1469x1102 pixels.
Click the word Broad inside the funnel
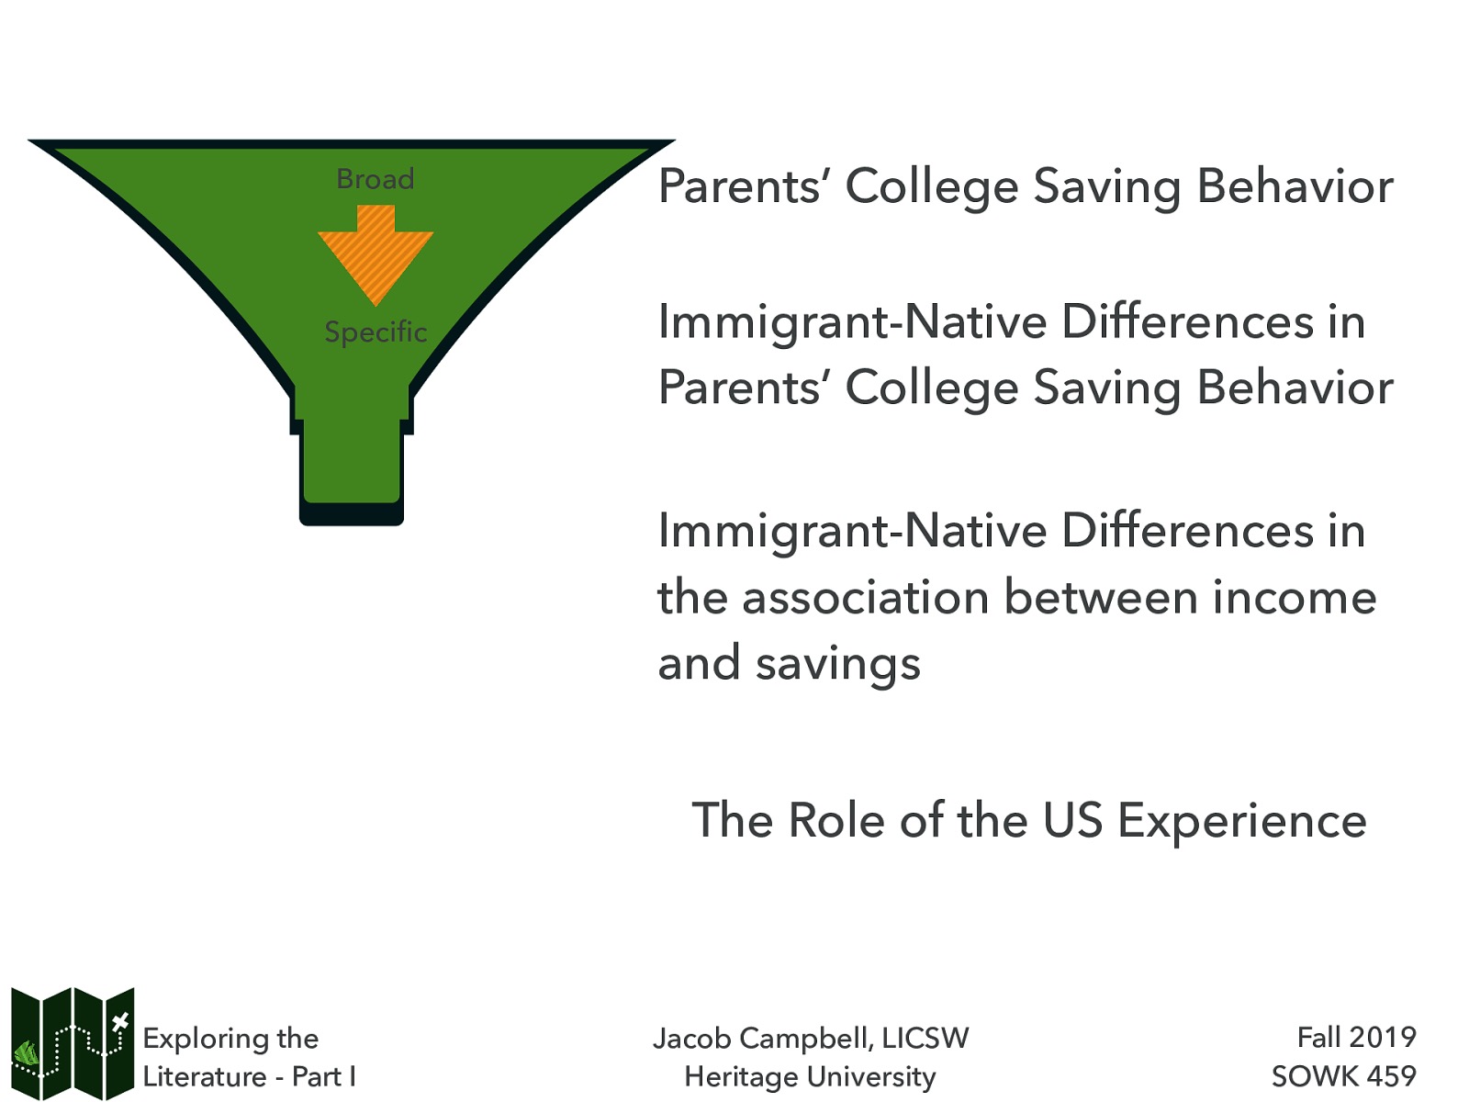pos(375,178)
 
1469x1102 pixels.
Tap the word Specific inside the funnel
pos(376,332)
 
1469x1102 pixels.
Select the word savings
pos(837,664)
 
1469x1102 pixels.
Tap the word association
pos(865,598)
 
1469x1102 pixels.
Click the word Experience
pos(1241,820)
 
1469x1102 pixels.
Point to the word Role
pos(837,820)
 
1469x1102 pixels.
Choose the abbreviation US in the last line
pos(1072,820)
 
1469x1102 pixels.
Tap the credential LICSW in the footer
pos(925,1039)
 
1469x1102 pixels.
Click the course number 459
pos(1389,1075)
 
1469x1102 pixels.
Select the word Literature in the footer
pos(204,1076)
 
